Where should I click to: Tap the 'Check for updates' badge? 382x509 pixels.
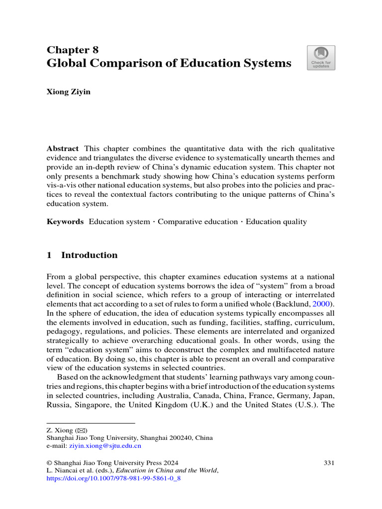321,58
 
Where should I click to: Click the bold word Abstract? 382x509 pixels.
63,149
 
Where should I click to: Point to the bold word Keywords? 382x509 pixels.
65,222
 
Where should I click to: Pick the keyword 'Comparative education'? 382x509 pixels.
198,222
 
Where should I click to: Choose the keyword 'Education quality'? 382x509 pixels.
276,222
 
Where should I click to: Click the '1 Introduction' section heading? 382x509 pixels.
82,255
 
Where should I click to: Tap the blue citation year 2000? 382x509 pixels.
324,303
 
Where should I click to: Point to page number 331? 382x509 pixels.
329,462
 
